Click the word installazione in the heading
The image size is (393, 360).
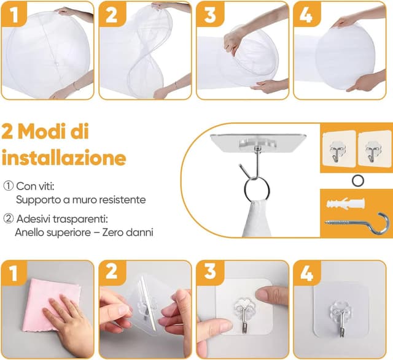coord(64,158)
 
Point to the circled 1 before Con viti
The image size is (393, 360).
coord(7,186)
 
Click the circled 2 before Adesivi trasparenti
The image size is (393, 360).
coord(7,218)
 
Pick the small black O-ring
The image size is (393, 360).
coord(357,178)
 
